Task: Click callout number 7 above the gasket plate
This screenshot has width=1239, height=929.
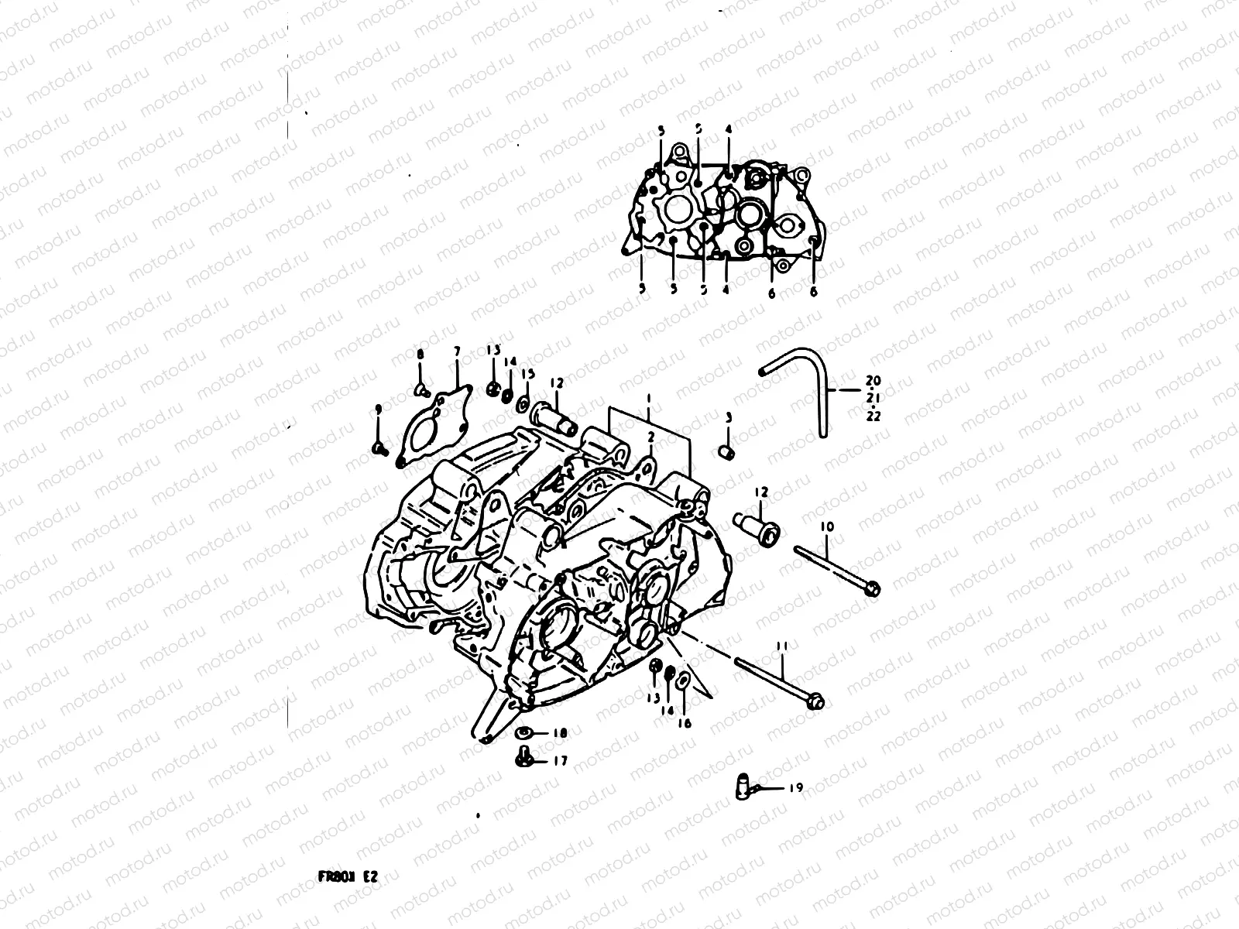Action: tap(457, 351)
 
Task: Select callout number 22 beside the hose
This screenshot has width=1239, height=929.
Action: tap(873, 416)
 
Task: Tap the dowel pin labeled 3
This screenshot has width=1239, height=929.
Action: tap(727, 451)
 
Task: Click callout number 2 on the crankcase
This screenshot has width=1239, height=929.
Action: tap(651, 437)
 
